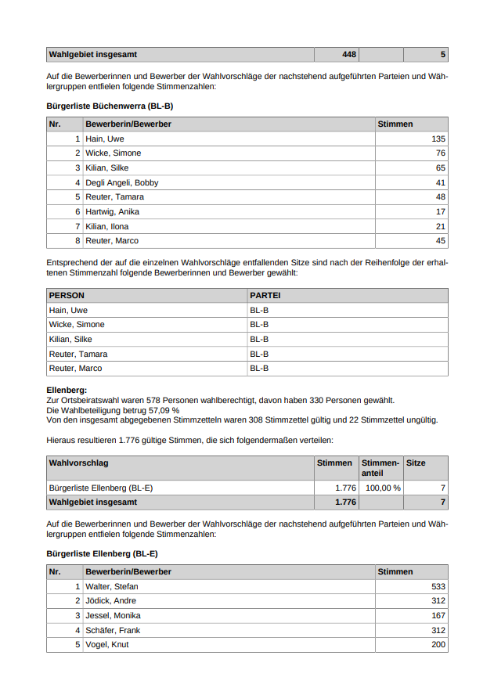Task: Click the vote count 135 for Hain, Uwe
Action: [x=438, y=139]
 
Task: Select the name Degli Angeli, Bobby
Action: [x=121, y=182]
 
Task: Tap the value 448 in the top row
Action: [x=349, y=55]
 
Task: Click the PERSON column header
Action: [x=67, y=296]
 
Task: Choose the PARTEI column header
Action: [x=265, y=296]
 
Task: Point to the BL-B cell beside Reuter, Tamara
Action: [x=259, y=354]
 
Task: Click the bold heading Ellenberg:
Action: [x=67, y=390]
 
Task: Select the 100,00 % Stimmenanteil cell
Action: [x=383, y=488]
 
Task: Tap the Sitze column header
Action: [x=416, y=463]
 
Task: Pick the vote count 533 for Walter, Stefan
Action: [x=438, y=586]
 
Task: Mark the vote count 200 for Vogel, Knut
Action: [x=438, y=644]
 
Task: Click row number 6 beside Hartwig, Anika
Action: [x=78, y=211]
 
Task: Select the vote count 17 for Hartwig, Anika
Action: [x=440, y=211]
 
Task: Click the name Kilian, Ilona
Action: [x=107, y=226]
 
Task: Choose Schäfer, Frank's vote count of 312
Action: [x=438, y=630]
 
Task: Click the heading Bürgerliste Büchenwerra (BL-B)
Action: [x=110, y=105]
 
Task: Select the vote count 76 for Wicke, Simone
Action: [x=440, y=153]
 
